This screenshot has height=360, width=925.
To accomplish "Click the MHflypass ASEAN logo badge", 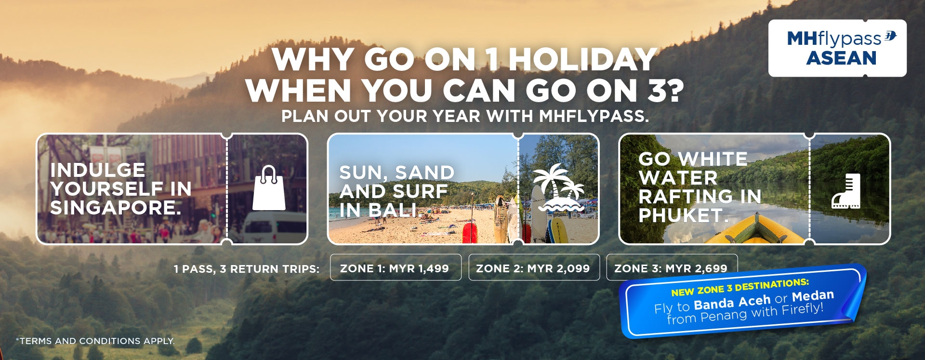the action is click(837, 48).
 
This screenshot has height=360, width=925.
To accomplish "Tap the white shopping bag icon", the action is click(269, 188).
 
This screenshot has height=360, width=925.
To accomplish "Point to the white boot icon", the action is click(846, 191).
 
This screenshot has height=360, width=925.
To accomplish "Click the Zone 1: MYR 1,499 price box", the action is click(396, 267).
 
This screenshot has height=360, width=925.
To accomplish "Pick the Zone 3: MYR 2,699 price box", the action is click(672, 267).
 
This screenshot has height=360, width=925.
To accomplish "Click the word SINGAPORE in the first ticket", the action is click(116, 208).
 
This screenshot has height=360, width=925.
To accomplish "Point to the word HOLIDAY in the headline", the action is click(583, 59).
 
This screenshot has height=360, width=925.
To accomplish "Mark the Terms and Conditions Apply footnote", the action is click(95, 341).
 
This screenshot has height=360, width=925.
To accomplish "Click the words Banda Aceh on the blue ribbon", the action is click(732, 303).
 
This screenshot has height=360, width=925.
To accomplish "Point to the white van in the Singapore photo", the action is click(275, 227).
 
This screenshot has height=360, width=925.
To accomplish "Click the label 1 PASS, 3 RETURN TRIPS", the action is click(247, 269).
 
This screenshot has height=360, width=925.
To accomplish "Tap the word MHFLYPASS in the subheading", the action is click(594, 116).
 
